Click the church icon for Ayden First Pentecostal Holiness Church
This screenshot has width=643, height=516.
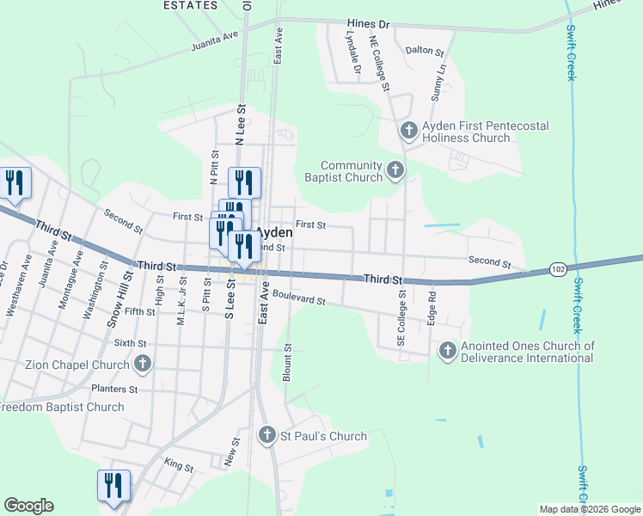pos(409,131)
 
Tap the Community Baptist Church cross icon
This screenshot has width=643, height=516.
pos(395,170)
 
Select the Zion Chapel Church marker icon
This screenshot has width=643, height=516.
pos(144,364)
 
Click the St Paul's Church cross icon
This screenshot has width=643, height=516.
pos(267,436)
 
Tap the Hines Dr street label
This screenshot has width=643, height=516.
pos(369,24)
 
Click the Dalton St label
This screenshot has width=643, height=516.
pos(424,51)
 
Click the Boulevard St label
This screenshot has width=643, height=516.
pos(298,298)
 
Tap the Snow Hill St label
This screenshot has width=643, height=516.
pos(122,298)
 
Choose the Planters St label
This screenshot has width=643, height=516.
pos(114,390)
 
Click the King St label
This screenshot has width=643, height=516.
pos(179,465)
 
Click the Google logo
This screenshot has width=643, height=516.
pos(28,506)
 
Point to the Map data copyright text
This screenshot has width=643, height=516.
pos(590,509)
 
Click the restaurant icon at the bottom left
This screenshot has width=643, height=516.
pos(113,486)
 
